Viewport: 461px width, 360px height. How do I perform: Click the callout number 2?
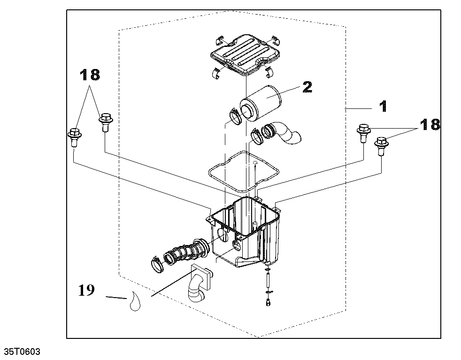(x=307, y=87)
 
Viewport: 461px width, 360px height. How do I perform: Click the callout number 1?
(x=383, y=107)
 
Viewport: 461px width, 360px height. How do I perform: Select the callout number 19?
(x=86, y=291)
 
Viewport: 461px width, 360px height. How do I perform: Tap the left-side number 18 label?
(x=90, y=75)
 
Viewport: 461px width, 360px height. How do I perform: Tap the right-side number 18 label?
(x=430, y=124)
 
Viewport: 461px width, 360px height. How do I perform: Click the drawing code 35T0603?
(x=22, y=352)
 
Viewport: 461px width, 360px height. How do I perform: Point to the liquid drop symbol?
(x=135, y=301)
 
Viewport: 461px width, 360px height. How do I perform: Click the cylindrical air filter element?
(x=260, y=104)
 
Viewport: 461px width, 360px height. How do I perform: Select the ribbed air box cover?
(x=245, y=54)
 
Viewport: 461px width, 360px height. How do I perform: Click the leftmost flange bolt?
(x=74, y=137)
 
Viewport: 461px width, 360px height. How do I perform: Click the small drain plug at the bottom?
(x=268, y=302)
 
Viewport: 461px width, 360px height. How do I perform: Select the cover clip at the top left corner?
(x=219, y=41)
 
